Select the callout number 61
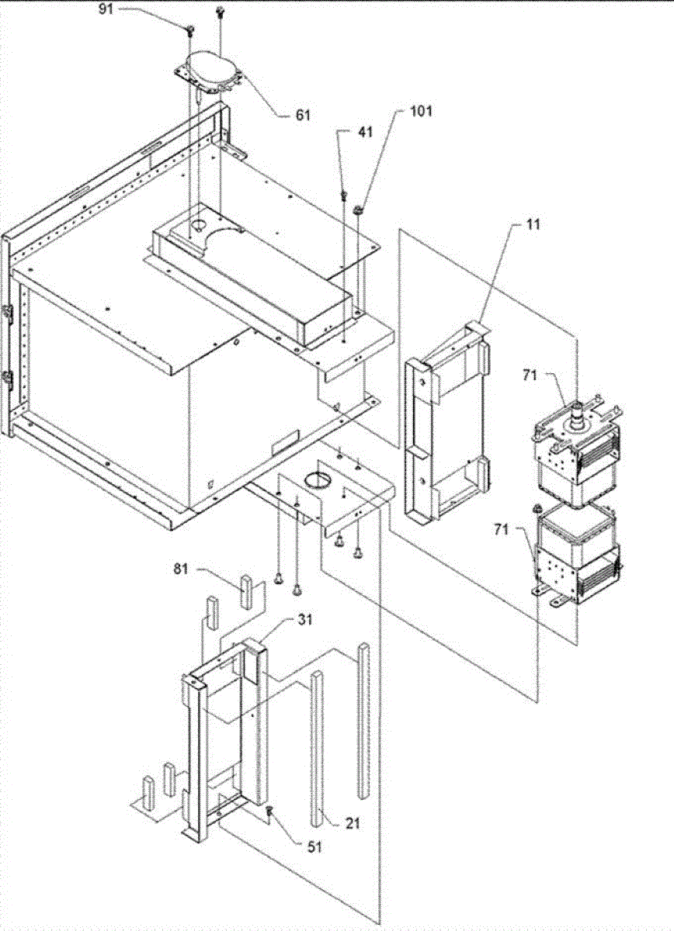point(302,115)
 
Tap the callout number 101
point(423,112)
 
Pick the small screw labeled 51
point(268,811)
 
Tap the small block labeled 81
point(246,592)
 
